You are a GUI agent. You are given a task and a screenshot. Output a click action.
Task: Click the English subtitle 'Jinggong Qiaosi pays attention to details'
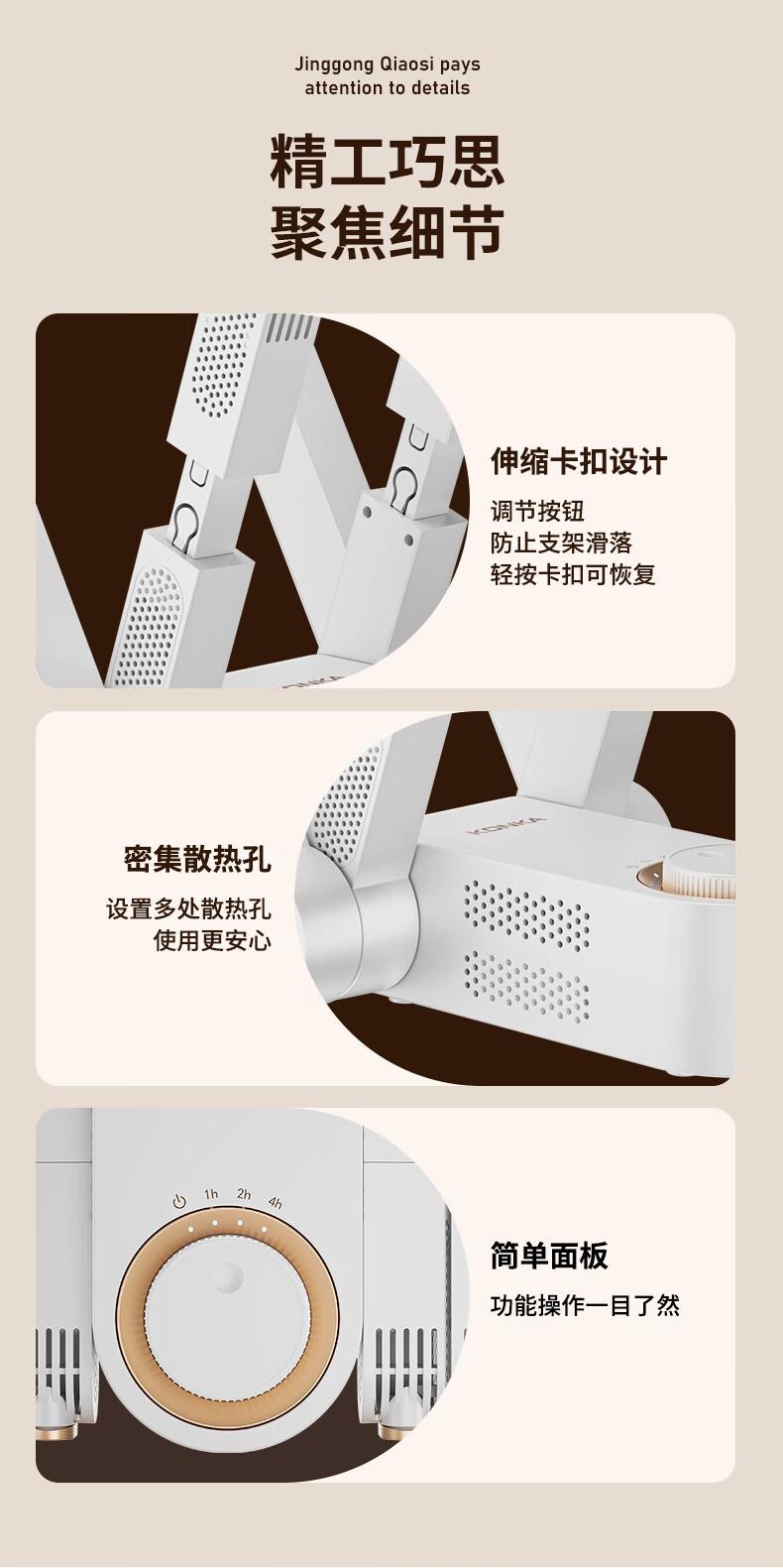click(x=387, y=76)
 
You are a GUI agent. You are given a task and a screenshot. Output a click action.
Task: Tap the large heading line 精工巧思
click(x=387, y=163)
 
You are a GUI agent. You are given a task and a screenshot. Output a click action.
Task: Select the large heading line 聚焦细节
click(x=387, y=232)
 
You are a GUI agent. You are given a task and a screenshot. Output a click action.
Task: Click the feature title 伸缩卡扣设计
click(x=579, y=461)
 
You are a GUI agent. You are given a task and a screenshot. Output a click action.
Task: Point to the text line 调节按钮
click(x=537, y=511)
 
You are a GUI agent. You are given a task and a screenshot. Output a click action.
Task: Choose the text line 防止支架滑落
click(x=561, y=543)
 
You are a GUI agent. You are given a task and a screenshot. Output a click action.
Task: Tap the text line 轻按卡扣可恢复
click(x=573, y=574)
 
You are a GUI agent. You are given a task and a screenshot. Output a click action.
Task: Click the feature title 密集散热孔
click(x=197, y=859)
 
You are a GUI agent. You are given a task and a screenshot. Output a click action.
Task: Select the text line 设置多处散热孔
click(x=189, y=908)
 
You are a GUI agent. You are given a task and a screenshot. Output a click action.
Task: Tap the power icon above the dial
click(x=179, y=1202)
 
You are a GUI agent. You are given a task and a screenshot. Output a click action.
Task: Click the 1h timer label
click(x=211, y=1194)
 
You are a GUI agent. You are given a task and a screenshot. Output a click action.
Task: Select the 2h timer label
click(x=244, y=1193)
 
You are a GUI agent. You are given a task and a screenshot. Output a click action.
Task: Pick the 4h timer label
click(x=275, y=1203)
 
